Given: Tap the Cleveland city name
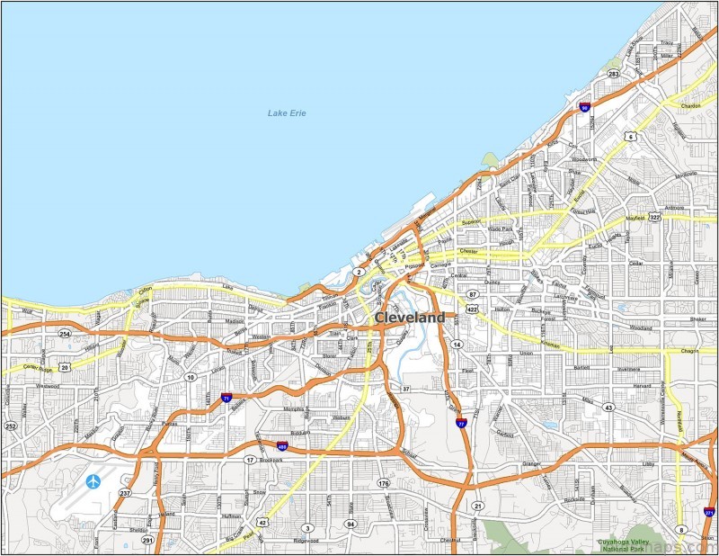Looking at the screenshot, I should [409, 318].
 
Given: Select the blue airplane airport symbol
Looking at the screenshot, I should [93, 481].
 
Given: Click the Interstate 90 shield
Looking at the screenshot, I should [584, 107].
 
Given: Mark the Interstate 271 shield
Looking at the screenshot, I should [709, 513].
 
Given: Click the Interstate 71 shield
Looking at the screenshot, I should [226, 396].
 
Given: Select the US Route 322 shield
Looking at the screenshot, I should [654, 217].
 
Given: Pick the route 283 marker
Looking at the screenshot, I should [613, 74].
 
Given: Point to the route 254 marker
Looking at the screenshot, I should [65, 334].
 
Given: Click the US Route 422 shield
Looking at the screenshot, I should [472, 309].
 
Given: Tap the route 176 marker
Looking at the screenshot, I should [384, 483].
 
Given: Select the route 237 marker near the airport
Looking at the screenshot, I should [125, 494].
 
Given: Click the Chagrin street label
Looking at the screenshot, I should [689, 351].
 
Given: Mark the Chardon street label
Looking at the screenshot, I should [690, 106].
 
